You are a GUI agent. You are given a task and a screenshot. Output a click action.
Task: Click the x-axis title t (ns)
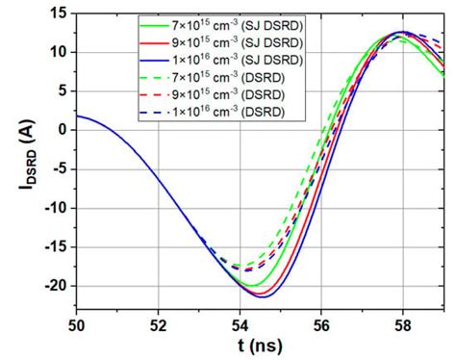tap(259, 346)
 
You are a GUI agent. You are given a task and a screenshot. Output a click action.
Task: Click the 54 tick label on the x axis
tap(239, 323)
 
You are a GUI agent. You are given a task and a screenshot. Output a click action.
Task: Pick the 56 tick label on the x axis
tap(321, 323)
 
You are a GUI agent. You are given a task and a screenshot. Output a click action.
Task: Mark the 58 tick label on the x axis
tap(403, 323)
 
